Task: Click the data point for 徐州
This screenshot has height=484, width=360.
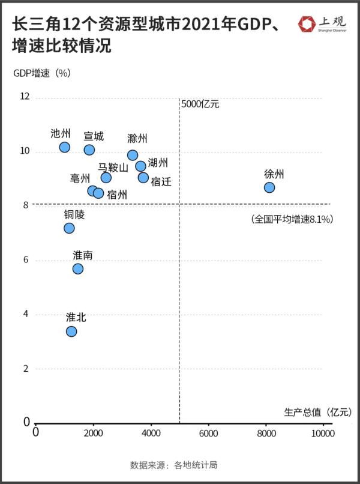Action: pyautogui.click(x=269, y=187)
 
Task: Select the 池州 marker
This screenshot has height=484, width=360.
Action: pyautogui.click(x=65, y=147)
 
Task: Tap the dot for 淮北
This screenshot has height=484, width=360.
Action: pyautogui.click(x=71, y=331)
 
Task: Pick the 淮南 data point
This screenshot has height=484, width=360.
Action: pyautogui.click(x=78, y=268)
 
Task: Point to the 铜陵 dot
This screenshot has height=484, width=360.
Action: pyautogui.click(x=69, y=228)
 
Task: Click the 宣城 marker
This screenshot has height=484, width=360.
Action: pyautogui.click(x=89, y=150)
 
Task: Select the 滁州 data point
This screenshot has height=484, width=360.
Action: pyautogui.click(x=133, y=155)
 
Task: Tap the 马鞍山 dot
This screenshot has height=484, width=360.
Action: pyautogui.click(x=106, y=177)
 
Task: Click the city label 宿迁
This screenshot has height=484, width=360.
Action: pyautogui.click(x=161, y=181)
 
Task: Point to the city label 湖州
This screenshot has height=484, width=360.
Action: pyautogui.click(x=158, y=163)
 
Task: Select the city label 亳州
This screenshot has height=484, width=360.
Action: pyautogui.click(x=80, y=178)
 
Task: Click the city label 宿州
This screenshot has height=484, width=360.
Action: pyautogui.click(x=117, y=195)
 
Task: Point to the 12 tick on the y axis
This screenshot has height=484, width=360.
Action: pyautogui.click(x=25, y=97)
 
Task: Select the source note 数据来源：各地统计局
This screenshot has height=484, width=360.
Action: pyautogui.click(x=173, y=465)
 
